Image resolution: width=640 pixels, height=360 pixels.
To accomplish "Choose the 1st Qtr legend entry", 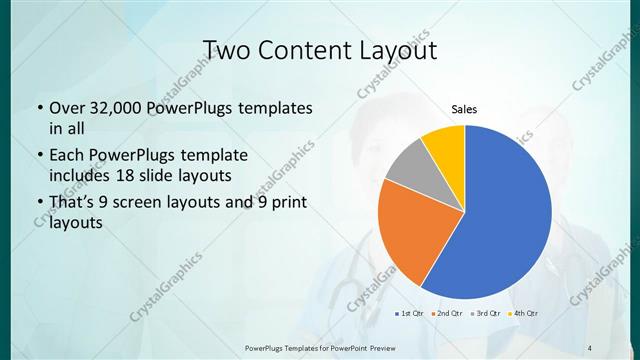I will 410,314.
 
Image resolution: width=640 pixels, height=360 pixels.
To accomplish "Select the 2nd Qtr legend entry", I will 447,314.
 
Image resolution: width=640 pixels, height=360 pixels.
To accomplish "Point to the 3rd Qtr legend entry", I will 485,314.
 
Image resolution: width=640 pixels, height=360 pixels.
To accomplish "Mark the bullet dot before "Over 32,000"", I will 38,108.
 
